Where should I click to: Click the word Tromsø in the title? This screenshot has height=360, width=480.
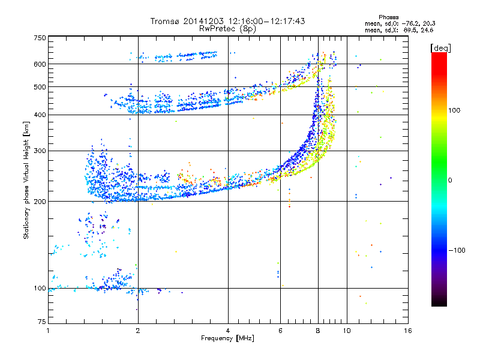coord(166,21)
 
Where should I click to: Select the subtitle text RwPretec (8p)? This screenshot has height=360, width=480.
coord(227,29)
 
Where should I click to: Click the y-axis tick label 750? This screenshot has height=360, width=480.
coord(40,38)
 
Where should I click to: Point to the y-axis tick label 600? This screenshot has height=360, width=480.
coord(40,64)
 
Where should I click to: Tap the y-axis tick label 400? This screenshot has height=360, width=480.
coord(40,115)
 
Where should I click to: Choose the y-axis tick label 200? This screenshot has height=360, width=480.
coord(40,202)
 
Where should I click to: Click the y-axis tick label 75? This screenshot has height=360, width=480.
coord(42,322)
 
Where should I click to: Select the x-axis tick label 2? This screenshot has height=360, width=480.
coord(138,331)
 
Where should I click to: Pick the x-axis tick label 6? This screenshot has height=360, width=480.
coord(280,331)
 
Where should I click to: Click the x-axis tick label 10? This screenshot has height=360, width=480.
coord(347,331)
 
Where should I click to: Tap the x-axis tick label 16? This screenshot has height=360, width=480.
coord(408,331)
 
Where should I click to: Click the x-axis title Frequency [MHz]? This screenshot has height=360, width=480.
coord(227,338)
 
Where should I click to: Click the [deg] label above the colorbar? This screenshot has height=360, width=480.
coord(440,48)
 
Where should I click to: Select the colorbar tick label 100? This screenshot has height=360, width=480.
coord(454,110)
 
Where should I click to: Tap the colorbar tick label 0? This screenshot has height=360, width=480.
coord(450,181)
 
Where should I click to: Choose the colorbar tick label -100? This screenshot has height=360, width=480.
coord(457,250)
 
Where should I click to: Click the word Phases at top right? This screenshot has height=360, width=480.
coord(389,17)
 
